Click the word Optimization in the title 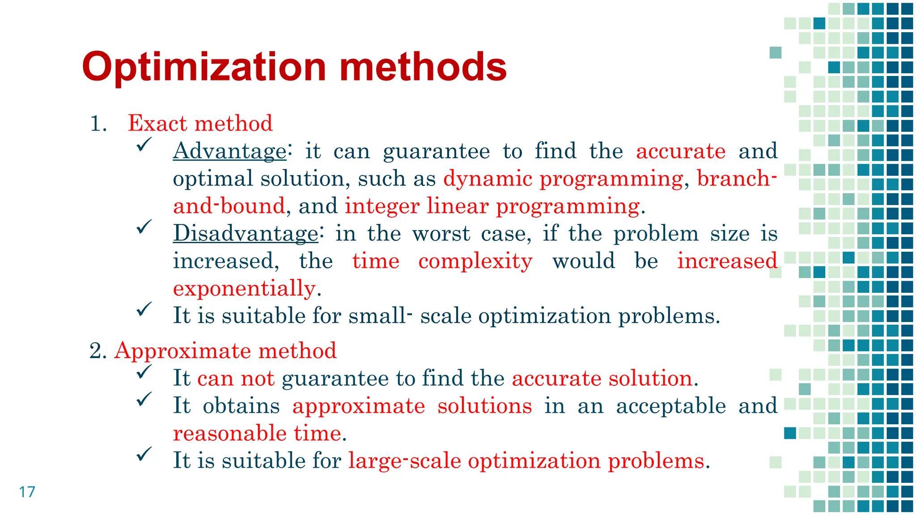(204, 67)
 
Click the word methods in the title (423, 67)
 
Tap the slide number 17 (27, 492)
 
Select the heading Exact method (200, 123)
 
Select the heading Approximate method (225, 350)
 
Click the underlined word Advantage (229, 151)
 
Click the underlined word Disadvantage (246, 233)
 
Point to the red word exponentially (244, 288)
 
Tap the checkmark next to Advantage (144, 144)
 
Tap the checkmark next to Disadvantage (144, 227)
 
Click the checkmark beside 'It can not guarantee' (144, 372)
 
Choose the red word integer (382, 206)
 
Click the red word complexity (475, 261)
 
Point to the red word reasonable (230, 433)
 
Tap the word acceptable (671, 406)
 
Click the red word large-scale (404, 461)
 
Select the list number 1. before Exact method (98, 124)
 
